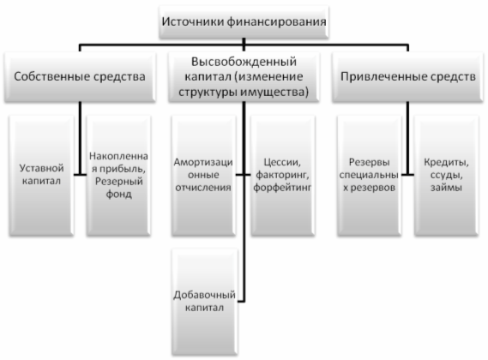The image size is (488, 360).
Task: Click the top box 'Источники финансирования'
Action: point(244,21)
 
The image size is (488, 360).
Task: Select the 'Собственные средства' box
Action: point(80,77)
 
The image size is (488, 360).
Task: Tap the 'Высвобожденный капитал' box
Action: point(244,77)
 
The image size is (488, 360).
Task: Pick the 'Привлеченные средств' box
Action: point(407,77)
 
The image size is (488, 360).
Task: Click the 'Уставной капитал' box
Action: point(41,176)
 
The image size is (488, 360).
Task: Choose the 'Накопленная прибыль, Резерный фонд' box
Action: point(118,176)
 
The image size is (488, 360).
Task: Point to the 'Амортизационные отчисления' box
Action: point(203,176)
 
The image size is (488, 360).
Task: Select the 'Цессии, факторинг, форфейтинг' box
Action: point(282,176)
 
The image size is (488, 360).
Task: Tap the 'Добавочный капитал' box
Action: point(204,302)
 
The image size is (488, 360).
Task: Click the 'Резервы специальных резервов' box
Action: point(369,176)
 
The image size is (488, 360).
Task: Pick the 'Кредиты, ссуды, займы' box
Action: point(446,176)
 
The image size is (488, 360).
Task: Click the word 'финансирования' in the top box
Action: point(276,21)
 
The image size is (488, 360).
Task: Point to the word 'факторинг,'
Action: point(282,175)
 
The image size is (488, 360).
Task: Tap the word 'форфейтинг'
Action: point(282,188)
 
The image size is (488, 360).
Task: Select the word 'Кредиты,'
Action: point(446,162)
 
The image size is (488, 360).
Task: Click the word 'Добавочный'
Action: point(204,295)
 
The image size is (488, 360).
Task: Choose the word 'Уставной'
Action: point(41,168)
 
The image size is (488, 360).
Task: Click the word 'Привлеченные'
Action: point(376,77)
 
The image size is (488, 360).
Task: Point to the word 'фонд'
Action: point(118,195)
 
